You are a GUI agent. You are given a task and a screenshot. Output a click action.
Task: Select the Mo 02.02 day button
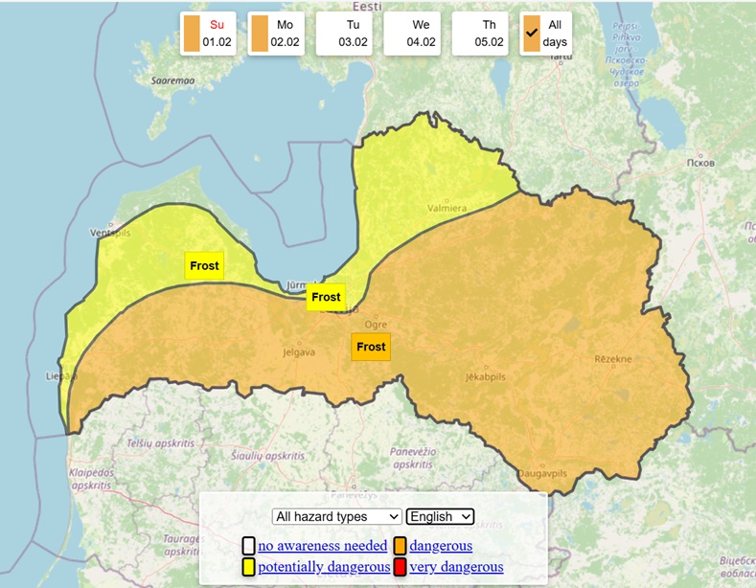tap(276, 34)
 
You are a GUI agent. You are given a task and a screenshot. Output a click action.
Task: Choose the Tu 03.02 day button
tap(344, 34)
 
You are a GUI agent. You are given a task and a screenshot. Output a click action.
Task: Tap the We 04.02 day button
tap(412, 34)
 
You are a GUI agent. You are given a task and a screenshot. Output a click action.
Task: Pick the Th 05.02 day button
tap(480, 34)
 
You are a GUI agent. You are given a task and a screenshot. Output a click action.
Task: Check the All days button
tap(546, 34)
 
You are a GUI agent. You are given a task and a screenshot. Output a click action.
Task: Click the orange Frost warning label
tap(371, 347)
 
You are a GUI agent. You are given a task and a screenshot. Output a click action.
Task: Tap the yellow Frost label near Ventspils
tap(204, 266)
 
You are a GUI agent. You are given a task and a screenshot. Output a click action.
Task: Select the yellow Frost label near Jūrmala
tap(326, 297)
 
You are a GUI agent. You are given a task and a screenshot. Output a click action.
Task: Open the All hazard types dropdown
tap(336, 516)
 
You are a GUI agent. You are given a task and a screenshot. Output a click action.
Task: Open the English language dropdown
tap(440, 516)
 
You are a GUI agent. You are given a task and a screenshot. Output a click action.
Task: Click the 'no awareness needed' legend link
tap(322, 546)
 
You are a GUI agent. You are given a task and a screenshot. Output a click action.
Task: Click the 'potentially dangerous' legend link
tap(323, 567)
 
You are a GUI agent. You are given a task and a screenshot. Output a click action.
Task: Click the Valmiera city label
tap(447, 208)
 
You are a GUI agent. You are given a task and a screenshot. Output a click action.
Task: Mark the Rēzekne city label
tap(613, 359)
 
